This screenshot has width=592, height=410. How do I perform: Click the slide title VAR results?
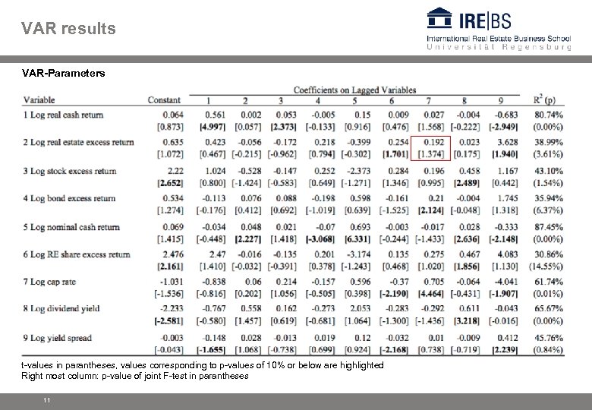point(69,29)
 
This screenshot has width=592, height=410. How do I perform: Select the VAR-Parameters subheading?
point(64,74)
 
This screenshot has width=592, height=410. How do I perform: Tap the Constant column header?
point(164,100)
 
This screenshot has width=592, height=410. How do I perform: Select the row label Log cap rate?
point(53,282)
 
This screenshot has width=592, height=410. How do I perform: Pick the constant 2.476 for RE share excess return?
point(174,254)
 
